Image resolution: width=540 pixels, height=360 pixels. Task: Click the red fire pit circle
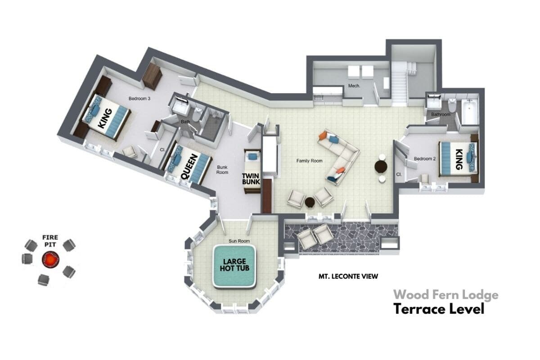pos(50,260)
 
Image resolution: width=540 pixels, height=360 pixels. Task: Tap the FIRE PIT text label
pos(50,241)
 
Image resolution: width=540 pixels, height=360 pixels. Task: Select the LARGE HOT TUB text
pos(234,265)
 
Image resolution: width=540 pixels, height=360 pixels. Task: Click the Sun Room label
pos(239,241)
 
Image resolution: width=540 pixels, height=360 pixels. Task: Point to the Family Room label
pos(309,161)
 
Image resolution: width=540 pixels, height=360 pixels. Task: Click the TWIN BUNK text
pos(251,179)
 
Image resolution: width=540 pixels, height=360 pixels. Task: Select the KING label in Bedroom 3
pos(105,118)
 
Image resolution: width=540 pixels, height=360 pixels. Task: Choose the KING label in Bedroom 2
pos(459,159)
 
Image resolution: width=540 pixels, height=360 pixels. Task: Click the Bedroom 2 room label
pos(425,159)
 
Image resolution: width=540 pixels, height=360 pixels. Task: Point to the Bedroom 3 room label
pos(139,99)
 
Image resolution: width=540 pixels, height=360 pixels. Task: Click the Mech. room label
pos(354,85)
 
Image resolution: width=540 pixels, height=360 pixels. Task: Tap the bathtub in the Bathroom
pos(470,112)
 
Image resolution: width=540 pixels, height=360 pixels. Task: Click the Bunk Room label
pos(222,170)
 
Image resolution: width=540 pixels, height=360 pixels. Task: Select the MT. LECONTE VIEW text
pos(348,276)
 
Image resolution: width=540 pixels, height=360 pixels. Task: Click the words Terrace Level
pos(439,309)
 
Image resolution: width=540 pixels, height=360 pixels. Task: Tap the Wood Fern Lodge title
pos(446,295)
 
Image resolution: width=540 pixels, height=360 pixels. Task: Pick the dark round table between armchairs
pos(310,202)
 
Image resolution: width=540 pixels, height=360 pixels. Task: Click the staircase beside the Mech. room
pos(400,83)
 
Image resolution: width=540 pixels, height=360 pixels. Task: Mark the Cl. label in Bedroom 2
pos(399,174)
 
